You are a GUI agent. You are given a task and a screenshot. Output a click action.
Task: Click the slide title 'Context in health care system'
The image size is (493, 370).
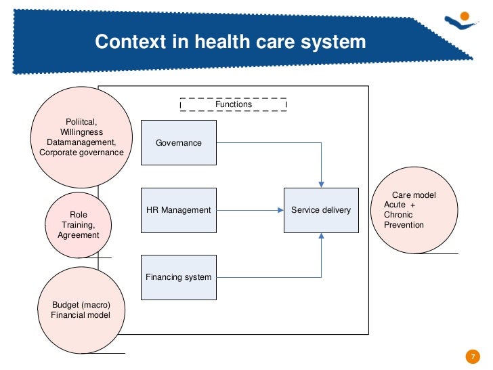click(x=230, y=42)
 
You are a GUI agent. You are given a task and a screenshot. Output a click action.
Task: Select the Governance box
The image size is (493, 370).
click(x=179, y=142)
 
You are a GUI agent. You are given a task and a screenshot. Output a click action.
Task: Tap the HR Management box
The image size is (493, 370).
click(x=179, y=210)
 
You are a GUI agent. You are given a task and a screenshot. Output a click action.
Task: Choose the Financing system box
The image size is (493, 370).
click(x=179, y=277)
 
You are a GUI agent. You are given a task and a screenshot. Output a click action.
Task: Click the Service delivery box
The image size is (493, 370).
click(x=321, y=210)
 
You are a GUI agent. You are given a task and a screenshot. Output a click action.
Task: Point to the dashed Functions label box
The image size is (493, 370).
click(x=233, y=105)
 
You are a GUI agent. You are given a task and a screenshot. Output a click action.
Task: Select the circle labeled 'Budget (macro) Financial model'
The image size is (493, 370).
click(x=80, y=310)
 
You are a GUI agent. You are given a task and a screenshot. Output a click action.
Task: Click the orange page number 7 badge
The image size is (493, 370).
click(x=472, y=356)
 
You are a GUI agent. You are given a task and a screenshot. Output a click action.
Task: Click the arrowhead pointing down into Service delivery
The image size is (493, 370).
click(x=322, y=184)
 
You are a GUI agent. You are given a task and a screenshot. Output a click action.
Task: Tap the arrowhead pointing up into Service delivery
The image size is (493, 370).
click(x=322, y=237)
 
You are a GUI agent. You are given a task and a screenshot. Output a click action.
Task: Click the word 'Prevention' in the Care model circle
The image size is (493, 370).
click(x=404, y=225)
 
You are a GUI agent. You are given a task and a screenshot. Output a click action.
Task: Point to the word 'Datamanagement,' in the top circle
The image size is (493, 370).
click(x=81, y=143)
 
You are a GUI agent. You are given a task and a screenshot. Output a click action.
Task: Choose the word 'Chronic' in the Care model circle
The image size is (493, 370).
click(x=399, y=215)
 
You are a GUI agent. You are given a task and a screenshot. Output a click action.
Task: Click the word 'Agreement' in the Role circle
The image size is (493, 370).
click(x=79, y=235)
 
